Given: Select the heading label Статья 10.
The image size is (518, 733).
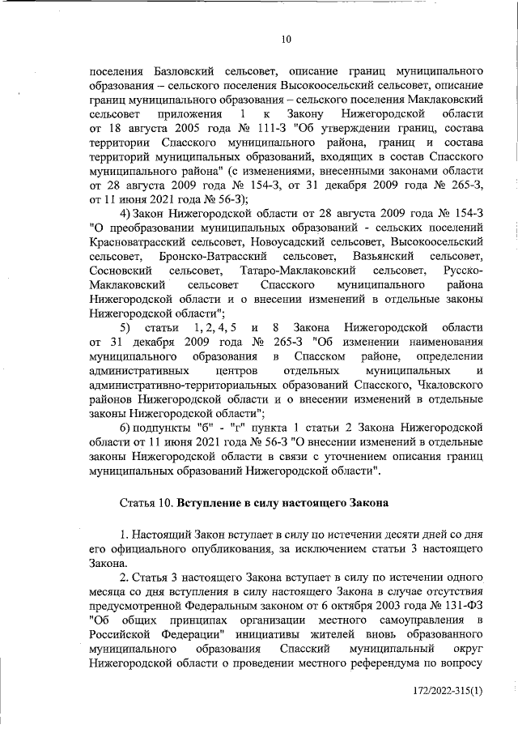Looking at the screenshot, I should pyautogui.click(x=146, y=502).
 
